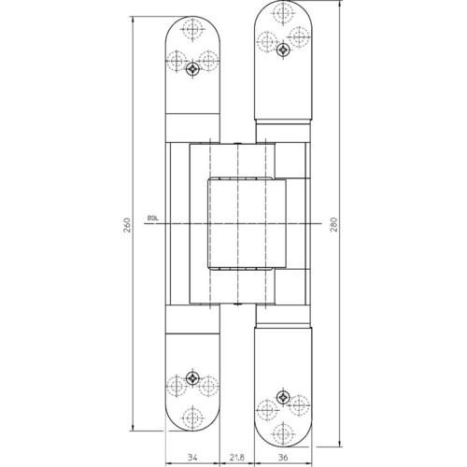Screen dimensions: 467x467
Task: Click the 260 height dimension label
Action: (127, 225)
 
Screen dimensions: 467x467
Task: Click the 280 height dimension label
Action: (333, 225)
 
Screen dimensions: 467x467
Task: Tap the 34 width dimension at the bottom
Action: (192, 458)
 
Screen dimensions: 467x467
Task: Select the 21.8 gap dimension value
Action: (237, 458)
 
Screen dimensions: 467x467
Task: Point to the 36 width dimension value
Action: (283, 458)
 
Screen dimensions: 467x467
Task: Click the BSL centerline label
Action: (153, 219)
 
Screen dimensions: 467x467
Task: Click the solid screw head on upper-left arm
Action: (192, 69)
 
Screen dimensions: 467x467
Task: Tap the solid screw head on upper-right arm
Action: (283, 49)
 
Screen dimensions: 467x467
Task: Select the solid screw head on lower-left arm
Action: (192, 378)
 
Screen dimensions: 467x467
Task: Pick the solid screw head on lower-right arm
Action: (283, 397)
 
